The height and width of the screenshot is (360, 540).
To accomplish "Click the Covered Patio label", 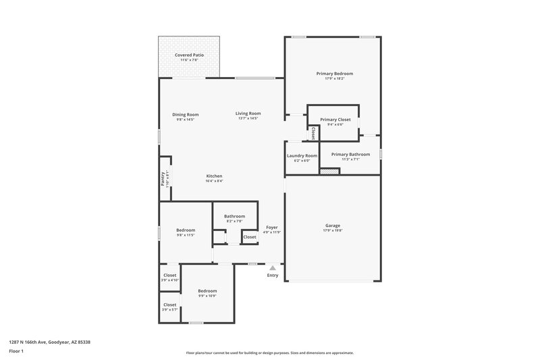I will (189, 55).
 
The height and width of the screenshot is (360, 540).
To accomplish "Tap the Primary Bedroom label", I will (334, 73).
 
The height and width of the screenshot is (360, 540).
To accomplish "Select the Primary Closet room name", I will (335, 120).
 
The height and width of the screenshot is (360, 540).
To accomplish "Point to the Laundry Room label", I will (302, 155).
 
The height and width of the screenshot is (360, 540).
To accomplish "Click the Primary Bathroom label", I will (350, 154).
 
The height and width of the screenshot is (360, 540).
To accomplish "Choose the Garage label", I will (332, 226).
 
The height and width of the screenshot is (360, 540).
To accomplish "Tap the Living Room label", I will (248, 113).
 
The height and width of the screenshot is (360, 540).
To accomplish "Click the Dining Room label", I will (185, 114).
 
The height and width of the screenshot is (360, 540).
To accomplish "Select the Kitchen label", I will (214, 176).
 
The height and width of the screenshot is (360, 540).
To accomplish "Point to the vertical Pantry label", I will (163, 178).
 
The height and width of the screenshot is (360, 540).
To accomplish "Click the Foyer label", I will (272, 227).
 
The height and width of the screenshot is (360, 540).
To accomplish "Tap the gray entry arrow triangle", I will (273, 268).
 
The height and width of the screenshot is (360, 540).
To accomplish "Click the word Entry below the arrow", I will (273, 276).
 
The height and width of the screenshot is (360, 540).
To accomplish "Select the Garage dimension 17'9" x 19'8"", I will (332, 231).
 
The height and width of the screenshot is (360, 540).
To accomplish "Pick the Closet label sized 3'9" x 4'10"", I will (169, 275).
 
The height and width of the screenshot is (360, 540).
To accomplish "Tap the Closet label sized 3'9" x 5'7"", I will (169, 305).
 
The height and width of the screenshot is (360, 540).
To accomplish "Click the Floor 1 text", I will (16, 352).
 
